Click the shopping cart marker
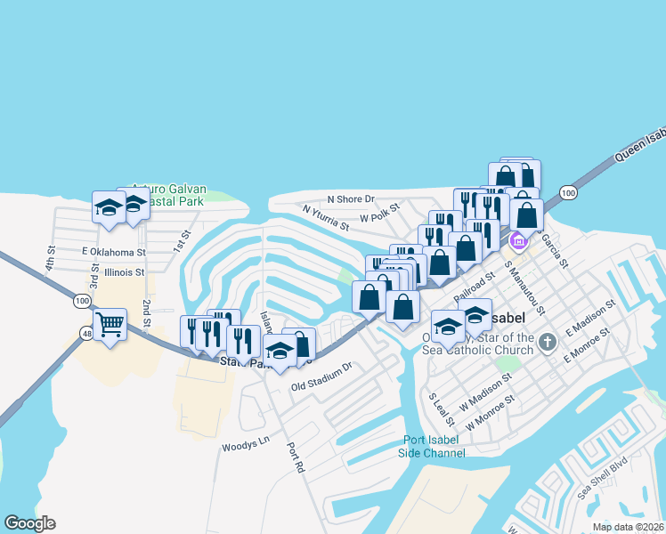[x=110, y=325]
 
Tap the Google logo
[x=29, y=523]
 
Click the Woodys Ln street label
[x=245, y=442]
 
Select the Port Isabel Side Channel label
[x=434, y=446]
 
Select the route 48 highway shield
[x=86, y=334]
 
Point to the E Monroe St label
[x=586, y=345]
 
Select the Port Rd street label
[x=295, y=457]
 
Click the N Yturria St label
[x=325, y=218]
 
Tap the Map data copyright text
[x=629, y=527]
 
